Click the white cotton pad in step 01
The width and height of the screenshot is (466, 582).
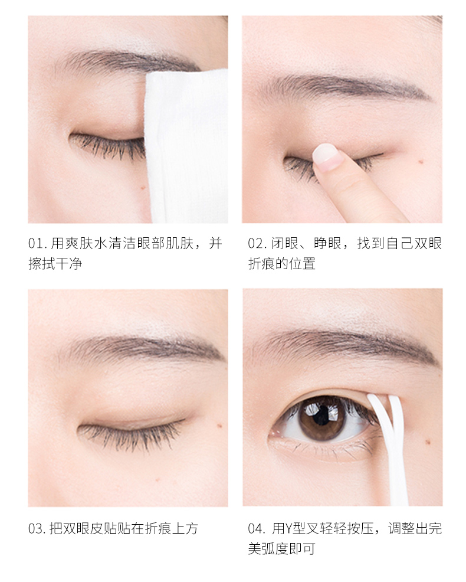[185, 145]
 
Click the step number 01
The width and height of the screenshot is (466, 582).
[35, 244]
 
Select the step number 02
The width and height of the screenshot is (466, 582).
[255, 244]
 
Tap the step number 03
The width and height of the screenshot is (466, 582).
[35, 528]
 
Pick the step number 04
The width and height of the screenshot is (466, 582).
[255, 528]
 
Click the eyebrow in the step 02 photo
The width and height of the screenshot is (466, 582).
[345, 87]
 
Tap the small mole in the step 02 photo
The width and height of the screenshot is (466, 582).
[421, 162]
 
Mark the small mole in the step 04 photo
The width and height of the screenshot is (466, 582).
[428, 442]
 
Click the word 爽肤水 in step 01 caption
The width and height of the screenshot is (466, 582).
[87, 244]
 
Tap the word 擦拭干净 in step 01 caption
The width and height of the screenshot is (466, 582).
[55, 264]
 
